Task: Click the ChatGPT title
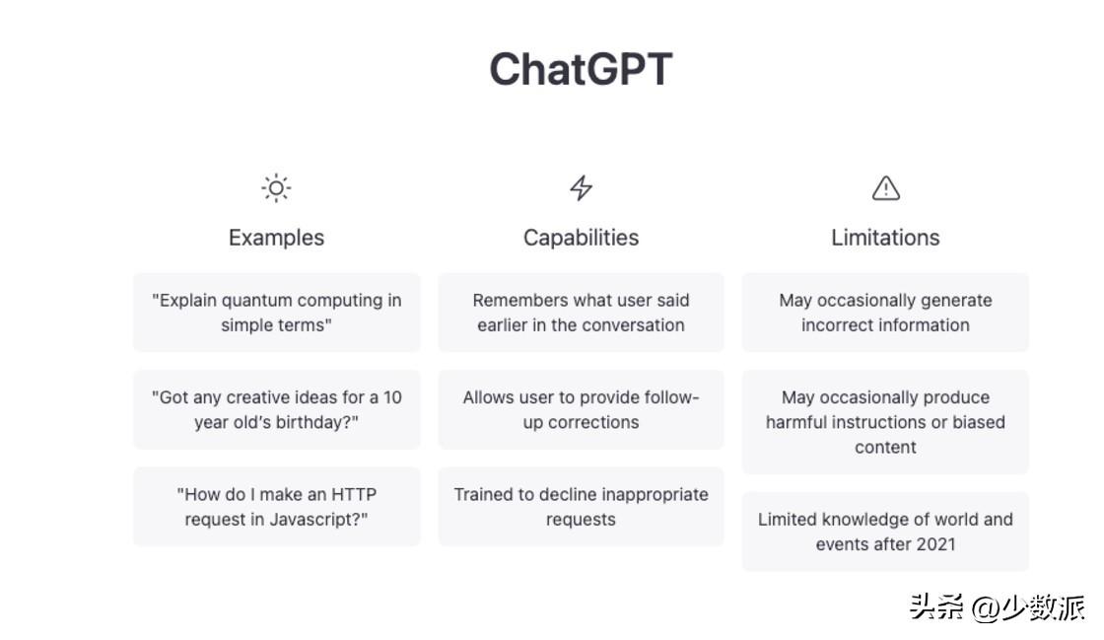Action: tap(581, 69)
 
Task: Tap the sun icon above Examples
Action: tap(276, 188)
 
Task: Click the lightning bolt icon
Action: tap(581, 188)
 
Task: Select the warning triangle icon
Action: tap(886, 188)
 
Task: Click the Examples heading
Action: tap(276, 238)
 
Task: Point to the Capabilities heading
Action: tap(581, 238)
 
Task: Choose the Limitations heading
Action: tap(885, 238)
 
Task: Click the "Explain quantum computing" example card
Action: tap(277, 313)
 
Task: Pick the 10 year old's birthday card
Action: tap(277, 410)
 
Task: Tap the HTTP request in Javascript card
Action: tap(277, 507)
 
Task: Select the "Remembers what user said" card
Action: tap(581, 313)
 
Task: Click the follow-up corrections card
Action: tap(581, 410)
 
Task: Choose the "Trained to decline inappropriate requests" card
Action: tap(581, 507)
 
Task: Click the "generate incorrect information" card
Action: tap(886, 313)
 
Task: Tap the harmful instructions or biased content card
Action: tap(886, 422)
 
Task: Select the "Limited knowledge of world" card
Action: tap(886, 532)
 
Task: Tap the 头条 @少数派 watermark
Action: tap(997, 607)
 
